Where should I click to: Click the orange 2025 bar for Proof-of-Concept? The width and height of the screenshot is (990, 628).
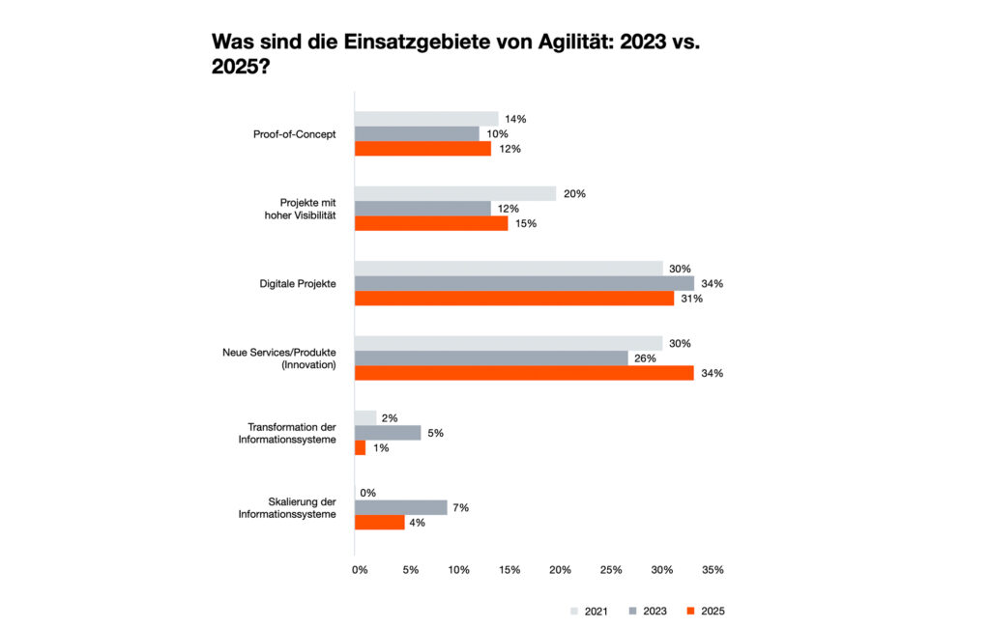pos(422,149)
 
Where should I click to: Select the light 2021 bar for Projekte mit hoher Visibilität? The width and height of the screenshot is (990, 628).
pos(455,193)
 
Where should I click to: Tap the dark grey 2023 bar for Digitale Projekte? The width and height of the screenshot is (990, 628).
pos(524,283)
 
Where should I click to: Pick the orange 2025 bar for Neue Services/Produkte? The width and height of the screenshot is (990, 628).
pos(524,373)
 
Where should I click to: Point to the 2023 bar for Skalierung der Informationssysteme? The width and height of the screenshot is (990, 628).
pos(401,507)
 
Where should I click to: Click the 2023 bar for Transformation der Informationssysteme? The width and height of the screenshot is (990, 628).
pos(388,433)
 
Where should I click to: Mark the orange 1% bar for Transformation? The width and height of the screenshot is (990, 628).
pos(361,447)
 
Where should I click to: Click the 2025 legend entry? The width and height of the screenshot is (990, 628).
pos(705,611)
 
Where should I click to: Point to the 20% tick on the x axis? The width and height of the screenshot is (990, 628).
pos(560,570)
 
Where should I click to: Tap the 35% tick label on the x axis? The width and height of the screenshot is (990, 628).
pos(713,570)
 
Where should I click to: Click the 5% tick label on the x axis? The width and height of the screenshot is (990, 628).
pos(411,570)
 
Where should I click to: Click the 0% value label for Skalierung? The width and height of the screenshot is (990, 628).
pos(367,493)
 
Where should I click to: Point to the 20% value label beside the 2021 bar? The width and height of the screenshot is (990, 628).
pos(574,193)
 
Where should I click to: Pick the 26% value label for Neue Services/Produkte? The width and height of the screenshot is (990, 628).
pos(645,358)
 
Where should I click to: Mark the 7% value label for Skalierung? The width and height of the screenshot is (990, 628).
pos(460,507)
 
